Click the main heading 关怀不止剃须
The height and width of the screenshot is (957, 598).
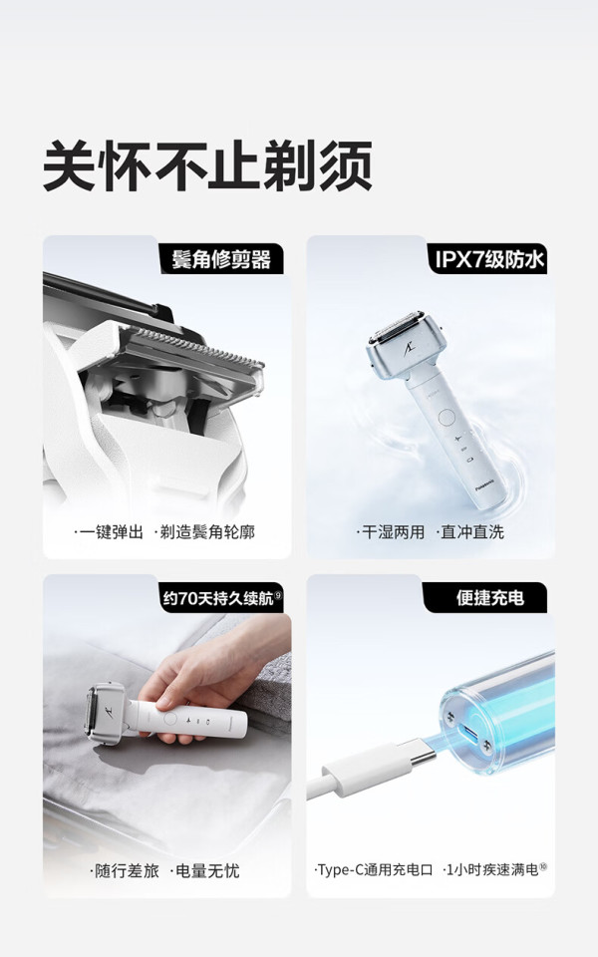point(207,165)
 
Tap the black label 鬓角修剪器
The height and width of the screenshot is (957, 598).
point(221,259)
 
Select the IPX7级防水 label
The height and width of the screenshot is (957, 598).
point(488,259)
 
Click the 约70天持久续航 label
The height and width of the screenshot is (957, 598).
point(222,598)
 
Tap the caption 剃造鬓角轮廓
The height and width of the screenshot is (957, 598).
point(207,532)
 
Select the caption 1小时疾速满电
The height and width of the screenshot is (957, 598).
point(492,869)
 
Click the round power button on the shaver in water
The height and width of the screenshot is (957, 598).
point(447,418)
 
